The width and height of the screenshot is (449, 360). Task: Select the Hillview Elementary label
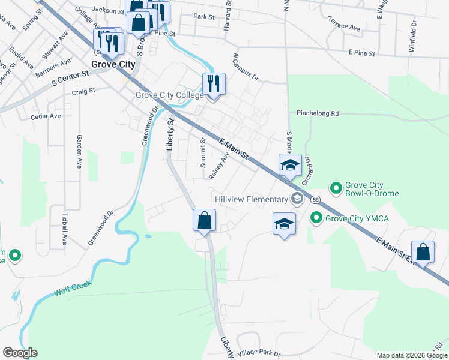[253, 199]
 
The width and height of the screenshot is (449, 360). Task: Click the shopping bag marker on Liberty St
[205, 220]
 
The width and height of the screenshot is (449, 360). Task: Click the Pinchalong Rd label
[318, 113]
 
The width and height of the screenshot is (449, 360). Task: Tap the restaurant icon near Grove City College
[213, 83]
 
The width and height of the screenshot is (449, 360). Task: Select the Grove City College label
[170, 95]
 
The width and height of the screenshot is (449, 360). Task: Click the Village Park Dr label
[259, 353]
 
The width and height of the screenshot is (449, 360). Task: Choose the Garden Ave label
[79, 151]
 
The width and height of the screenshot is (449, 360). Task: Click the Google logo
[20, 353]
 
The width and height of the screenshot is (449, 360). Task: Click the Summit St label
[203, 152]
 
